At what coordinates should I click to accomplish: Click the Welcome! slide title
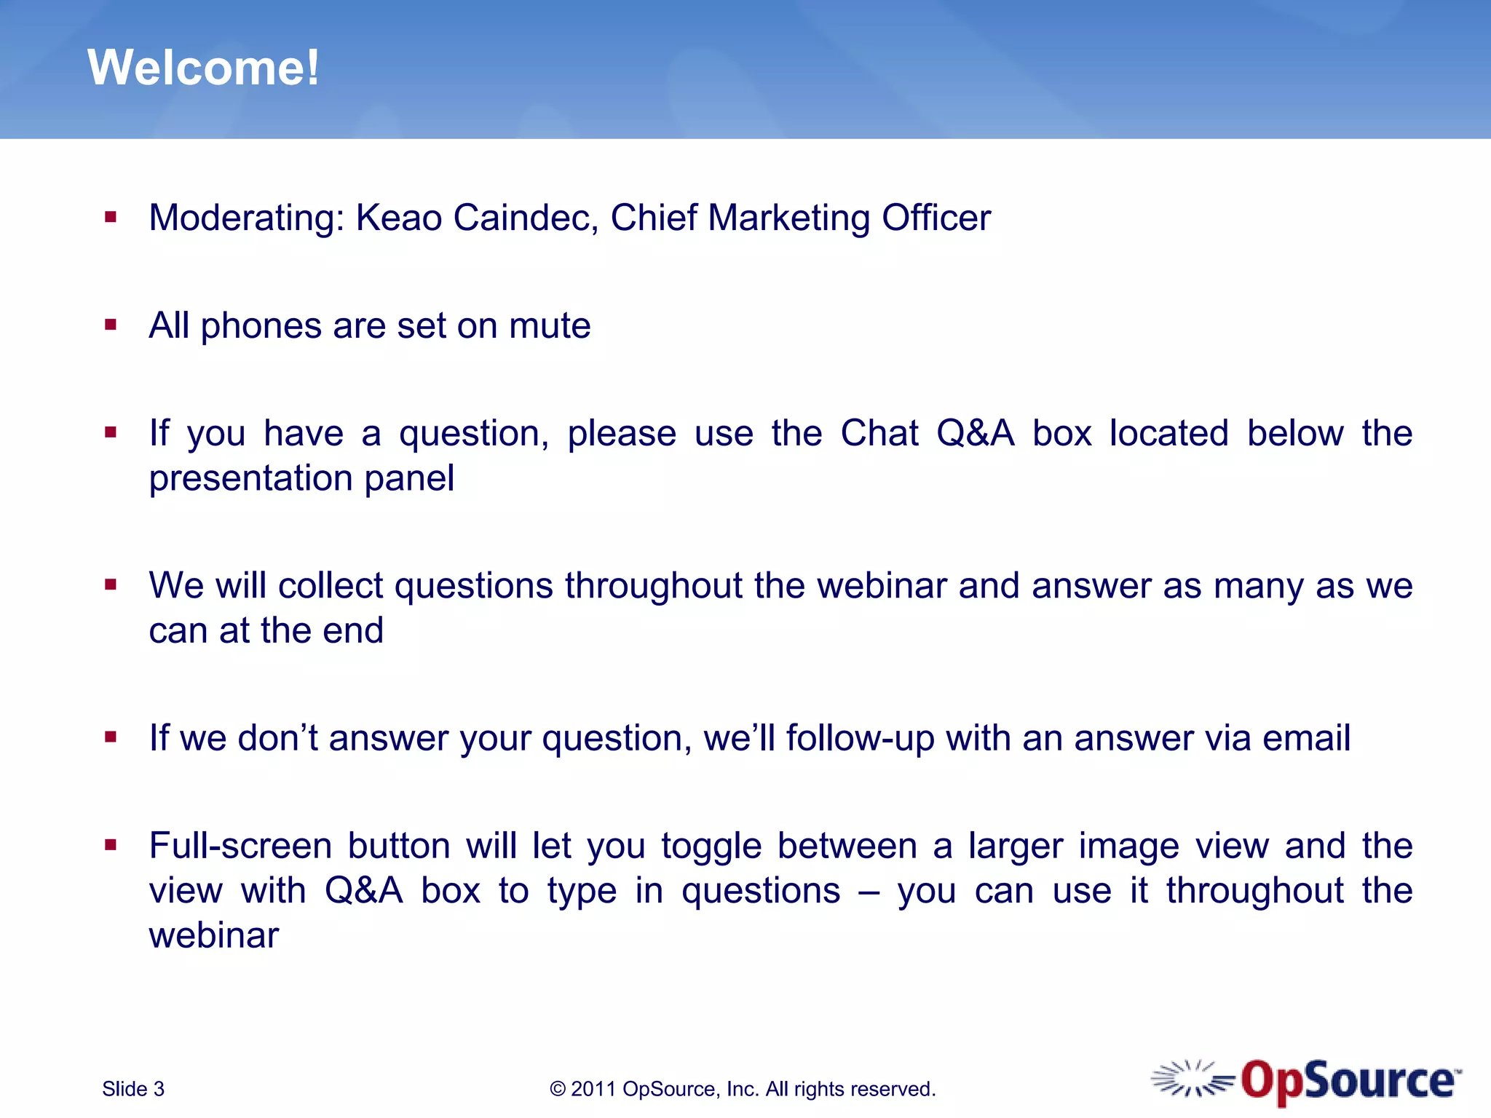[x=203, y=68]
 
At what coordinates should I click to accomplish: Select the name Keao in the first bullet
[x=399, y=218]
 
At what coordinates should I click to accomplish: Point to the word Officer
[x=936, y=218]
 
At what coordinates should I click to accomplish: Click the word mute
[x=550, y=326]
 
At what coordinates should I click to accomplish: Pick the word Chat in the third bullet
[x=879, y=434]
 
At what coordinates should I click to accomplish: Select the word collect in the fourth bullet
[x=330, y=586]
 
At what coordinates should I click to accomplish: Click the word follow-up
[x=860, y=739]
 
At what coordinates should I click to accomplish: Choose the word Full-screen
[x=240, y=847]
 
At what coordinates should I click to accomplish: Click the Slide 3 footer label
[x=133, y=1089]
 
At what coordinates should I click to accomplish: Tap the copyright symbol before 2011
[x=558, y=1090]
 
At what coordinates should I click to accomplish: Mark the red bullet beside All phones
[x=111, y=325]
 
